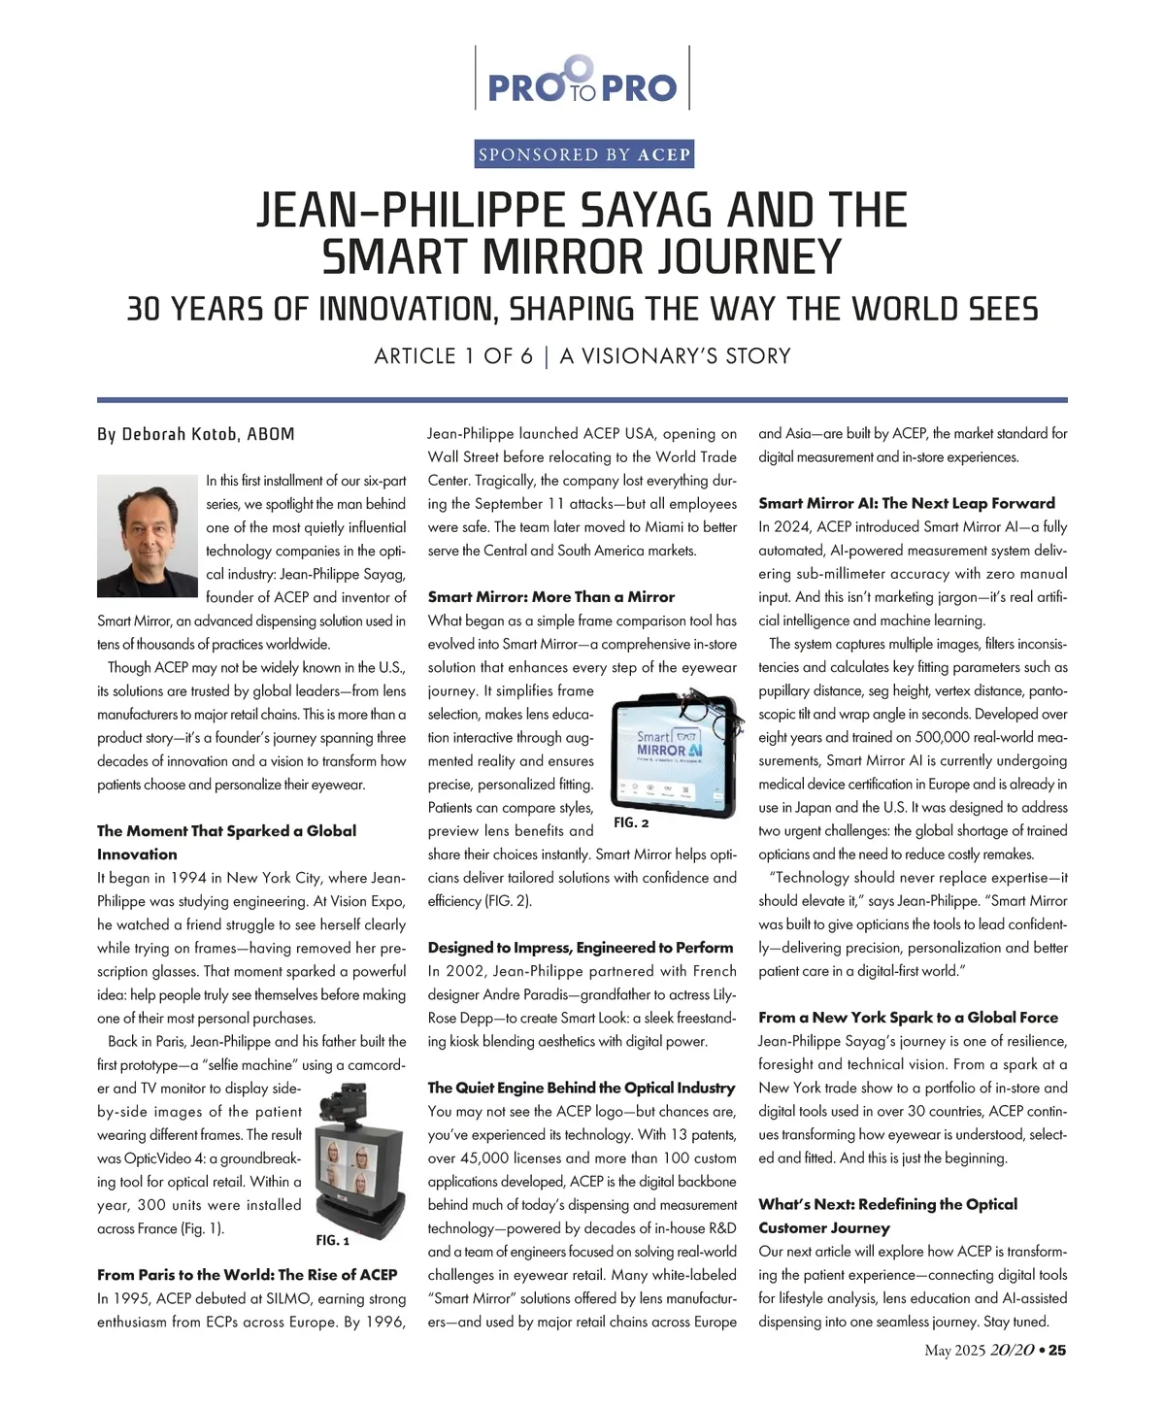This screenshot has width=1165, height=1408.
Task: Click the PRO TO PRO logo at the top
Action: (x=582, y=80)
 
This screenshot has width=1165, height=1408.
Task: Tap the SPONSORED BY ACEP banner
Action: (x=583, y=154)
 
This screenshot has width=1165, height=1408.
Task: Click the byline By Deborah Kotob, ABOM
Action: (x=195, y=434)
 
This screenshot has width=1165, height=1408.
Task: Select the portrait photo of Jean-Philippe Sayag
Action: (x=147, y=535)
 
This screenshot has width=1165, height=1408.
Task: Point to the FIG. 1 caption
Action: (x=332, y=1240)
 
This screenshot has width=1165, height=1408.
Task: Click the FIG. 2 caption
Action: (x=631, y=822)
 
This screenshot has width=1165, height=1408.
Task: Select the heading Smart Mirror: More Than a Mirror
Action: (x=550, y=597)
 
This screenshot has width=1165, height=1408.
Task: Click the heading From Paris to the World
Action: (x=247, y=1274)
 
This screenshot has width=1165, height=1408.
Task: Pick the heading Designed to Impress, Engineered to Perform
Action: (x=580, y=948)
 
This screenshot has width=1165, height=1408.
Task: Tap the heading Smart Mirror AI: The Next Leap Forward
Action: (x=906, y=503)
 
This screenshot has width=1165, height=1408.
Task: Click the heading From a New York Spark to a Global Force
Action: (x=908, y=1018)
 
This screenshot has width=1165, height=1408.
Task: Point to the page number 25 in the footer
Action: (x=1057, y=1350)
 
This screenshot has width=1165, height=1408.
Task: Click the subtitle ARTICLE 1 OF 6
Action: (x=453, y=356)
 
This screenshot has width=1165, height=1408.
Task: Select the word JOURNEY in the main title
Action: (x=747, y=257)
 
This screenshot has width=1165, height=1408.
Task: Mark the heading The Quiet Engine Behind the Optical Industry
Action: (x=581, y=1088)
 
